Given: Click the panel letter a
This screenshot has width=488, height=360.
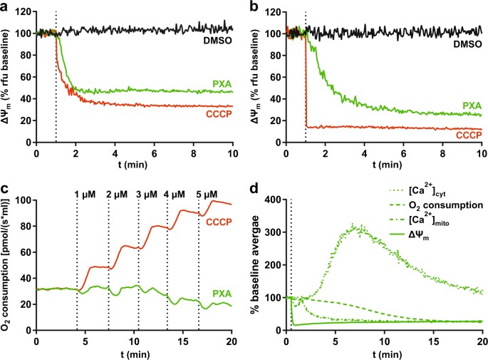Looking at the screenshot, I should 6,8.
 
